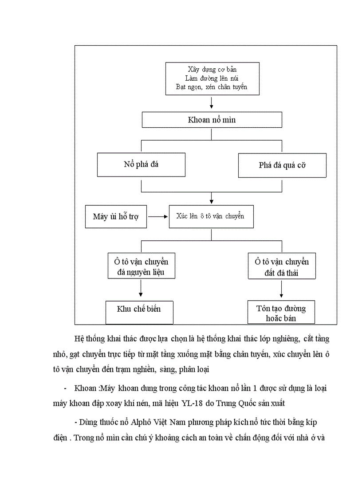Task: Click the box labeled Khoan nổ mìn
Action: [211, 120]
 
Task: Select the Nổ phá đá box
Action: [141, 165]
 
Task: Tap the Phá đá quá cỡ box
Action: [282, 165]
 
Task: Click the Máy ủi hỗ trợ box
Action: [116, 216]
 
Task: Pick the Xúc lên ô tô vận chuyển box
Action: [211, 216]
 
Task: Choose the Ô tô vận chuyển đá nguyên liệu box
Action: [141, 266]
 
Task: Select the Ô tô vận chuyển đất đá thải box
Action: [282, 267]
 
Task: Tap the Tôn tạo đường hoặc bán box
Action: [281, 313]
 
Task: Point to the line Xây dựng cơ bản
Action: [212, 70]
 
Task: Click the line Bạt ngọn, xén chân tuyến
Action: [212, 87]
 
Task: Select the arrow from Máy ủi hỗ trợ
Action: [157, 216]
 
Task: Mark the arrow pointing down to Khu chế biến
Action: [141, 289]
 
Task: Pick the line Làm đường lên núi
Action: [212, 78]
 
